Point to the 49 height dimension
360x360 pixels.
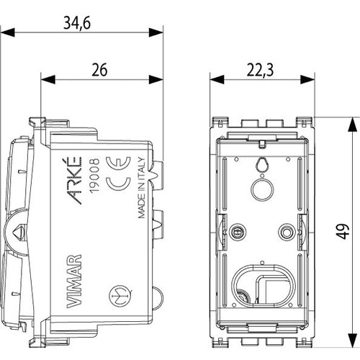[343, 230]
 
